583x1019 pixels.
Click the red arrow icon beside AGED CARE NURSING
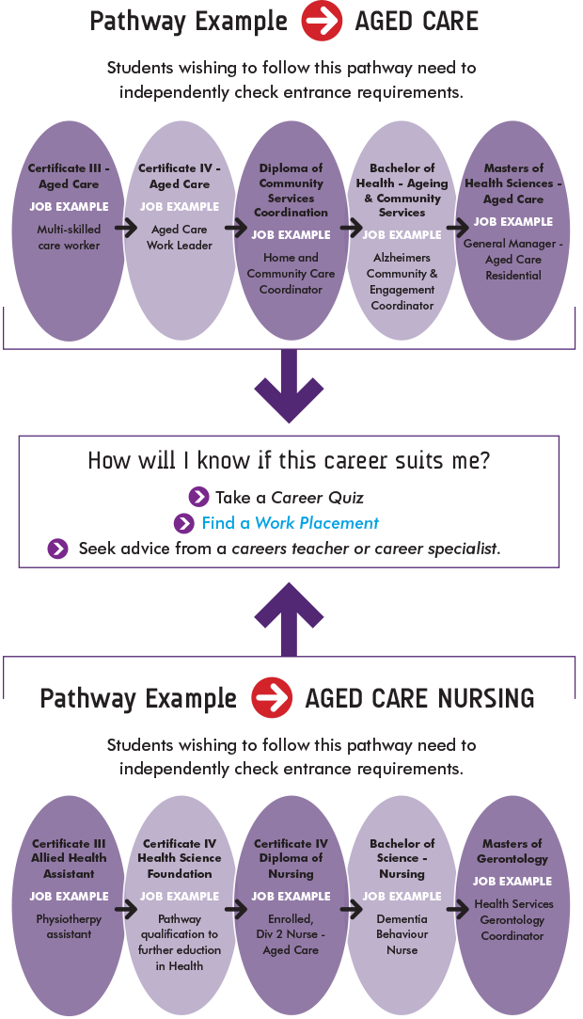pyautogui.click(x=272, y=698)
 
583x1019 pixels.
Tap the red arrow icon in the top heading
pyautogui.click(x=322, y=22)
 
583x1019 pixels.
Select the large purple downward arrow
pyautogui.click(x=290, y=385)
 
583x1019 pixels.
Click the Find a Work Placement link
pyautogui.click(x=290, y=523)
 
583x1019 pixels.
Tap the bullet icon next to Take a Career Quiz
pyautogui.click(x=198, y=497)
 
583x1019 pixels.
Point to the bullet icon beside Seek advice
pyautogui.click(x=58, y=549)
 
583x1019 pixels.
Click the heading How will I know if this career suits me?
pyautogui.click(x=289, y=461)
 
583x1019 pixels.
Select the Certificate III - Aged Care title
pyautogui.click(x=69, y=176)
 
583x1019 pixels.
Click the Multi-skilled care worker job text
pyautogui.click(x=69, y=237)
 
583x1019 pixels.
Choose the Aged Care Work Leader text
pyautogui.click(x=180, y=237)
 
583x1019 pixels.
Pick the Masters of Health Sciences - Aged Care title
pyautogui.click(x=513, y=183)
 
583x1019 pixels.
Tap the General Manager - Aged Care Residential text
pyautogui.click(x=513, y=260)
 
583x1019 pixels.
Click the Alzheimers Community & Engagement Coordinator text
pyautogui.click(x=402, y=281)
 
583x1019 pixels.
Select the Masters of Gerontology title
pyautogui.click(x=513, y=852)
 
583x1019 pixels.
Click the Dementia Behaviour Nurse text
pyautogui.click(x=402, y=934)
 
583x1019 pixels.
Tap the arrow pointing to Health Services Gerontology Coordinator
pyautogui.click(x=458, y=910)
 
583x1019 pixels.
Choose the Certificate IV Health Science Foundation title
pyautogui.click(x=180, y=858)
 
